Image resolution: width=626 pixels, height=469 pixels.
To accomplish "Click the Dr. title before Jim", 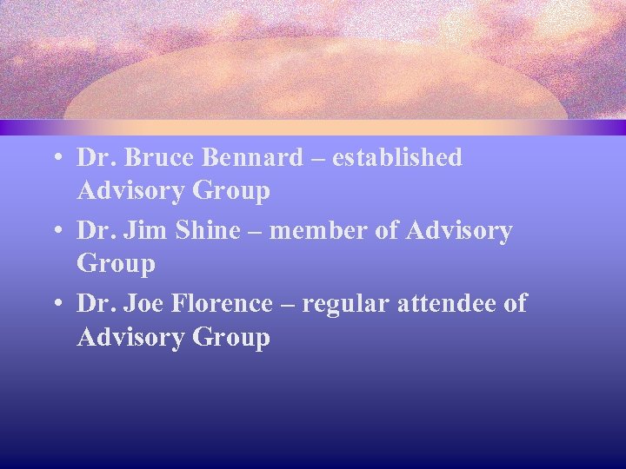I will coord(95,231).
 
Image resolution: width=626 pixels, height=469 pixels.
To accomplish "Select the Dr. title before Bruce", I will coord(95,158).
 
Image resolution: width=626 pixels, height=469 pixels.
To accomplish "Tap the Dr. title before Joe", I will coord(95,304).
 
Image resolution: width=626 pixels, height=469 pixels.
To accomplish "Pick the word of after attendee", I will coord(515,304).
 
